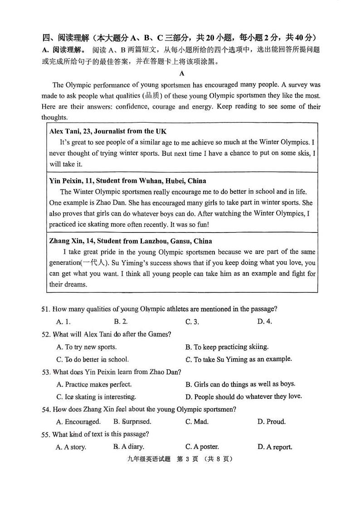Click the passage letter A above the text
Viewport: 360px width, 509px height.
coord(181,73)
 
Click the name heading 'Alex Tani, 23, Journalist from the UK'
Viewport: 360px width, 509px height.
coord(107,131)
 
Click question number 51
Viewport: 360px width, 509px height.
coord(45,309)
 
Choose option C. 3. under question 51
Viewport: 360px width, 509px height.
coord(192,322)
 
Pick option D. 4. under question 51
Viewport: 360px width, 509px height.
coord(264,322)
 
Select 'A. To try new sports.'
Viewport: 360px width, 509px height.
coord(86,347)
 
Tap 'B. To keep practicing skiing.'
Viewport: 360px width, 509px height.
coord(227,347)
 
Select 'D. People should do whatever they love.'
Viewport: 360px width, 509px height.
coord(243,397)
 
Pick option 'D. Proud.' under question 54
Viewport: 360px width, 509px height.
coord(271,422)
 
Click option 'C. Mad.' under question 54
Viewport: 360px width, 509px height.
coord(197,422)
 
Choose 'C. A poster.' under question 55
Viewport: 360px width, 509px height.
coord(202,447)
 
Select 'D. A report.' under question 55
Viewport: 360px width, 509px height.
coord(275,447)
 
